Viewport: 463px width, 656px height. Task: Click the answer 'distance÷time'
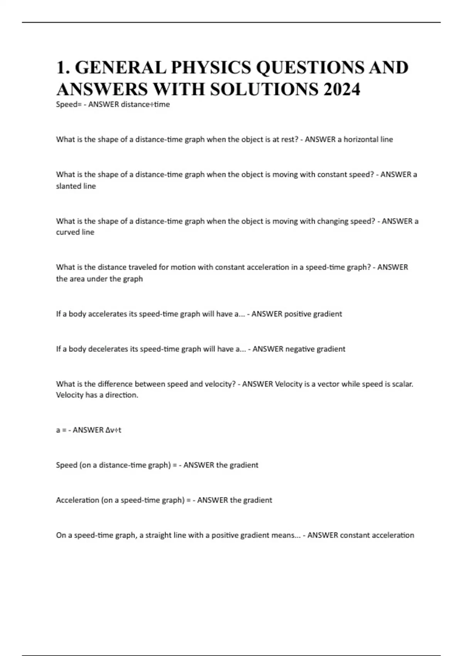click(145, 105)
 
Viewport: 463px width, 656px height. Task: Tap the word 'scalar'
click(401, 384)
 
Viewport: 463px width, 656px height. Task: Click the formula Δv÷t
click(113, 430)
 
